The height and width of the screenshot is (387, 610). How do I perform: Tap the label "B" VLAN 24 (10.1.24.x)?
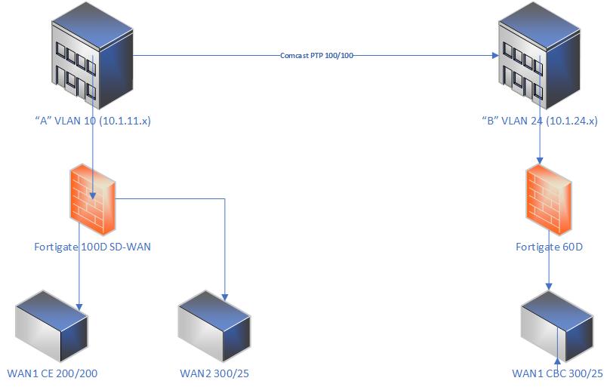(540, 120)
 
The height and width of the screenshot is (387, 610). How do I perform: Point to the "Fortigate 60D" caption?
(550, 246)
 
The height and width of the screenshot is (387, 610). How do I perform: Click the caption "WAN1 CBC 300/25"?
(557, 373)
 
